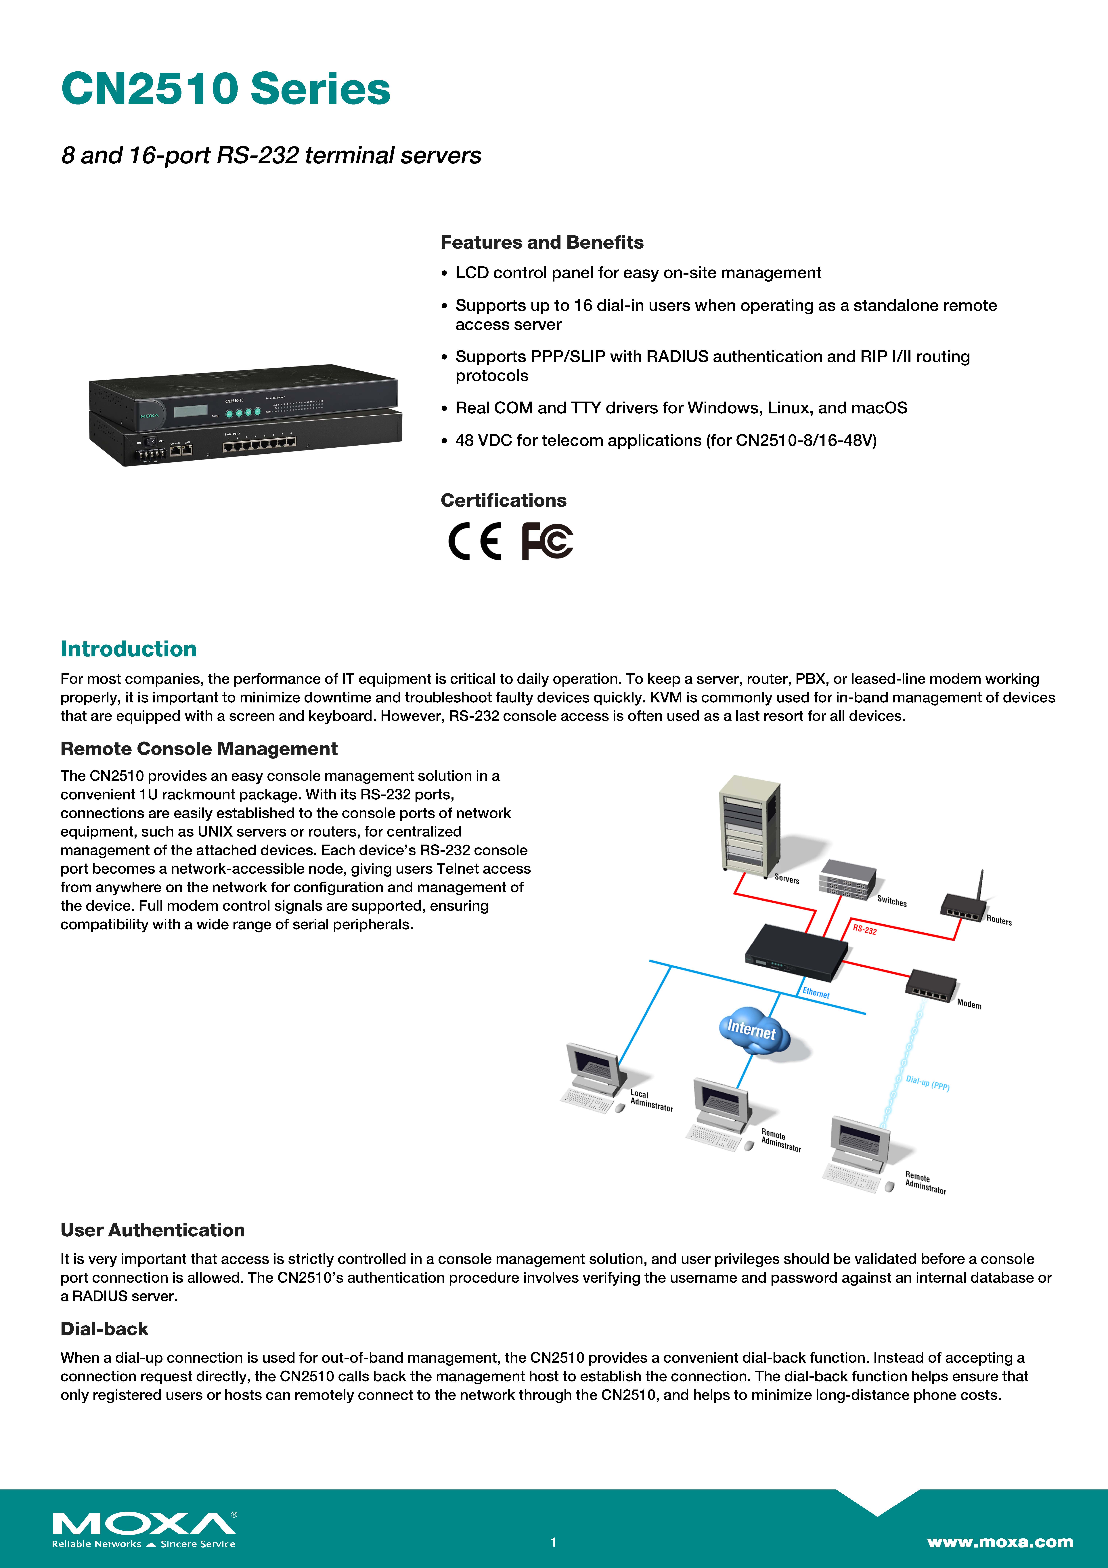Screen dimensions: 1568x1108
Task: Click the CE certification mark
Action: (474, 541)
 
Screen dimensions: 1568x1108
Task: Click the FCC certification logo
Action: (547, 541)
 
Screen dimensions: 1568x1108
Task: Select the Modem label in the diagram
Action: (969, 1004)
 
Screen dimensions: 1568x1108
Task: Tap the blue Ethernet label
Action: (816, 993)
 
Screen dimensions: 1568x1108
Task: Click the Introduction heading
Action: (128, 649)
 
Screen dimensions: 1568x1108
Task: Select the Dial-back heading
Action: (104, 1329)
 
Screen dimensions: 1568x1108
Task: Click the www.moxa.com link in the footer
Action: (999, 1541)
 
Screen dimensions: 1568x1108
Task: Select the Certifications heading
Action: (503, 501)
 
